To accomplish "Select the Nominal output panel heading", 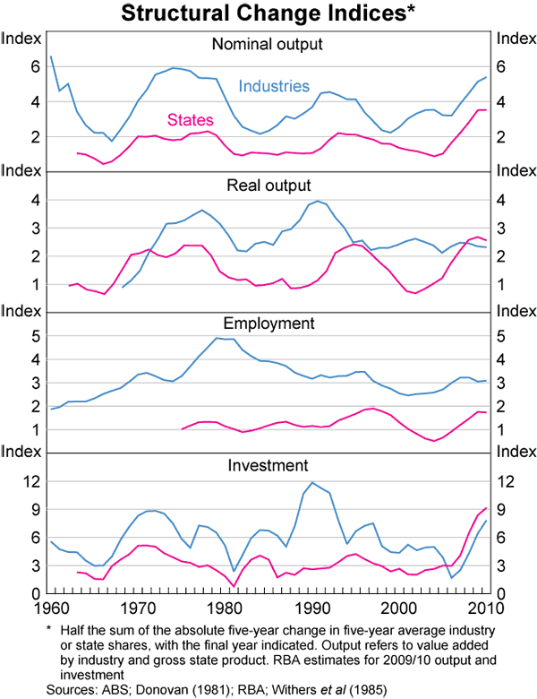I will coord(267,44).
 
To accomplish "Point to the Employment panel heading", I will coord(267,323).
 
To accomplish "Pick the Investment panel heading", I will coord(267,465).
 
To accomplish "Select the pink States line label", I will coord(191,119).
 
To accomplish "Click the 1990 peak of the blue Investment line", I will coord(312,483).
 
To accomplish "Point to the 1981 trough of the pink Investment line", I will coord(234,586).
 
